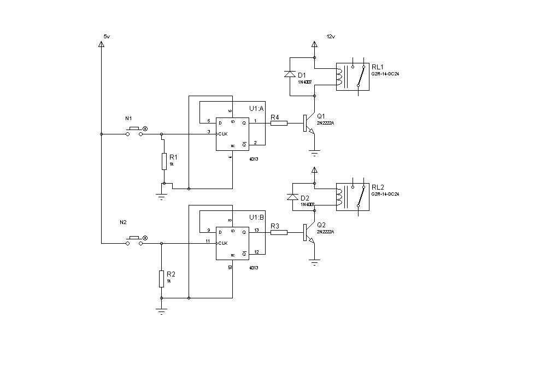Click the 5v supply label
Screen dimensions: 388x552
(107, 36)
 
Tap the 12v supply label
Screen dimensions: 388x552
(330, 36)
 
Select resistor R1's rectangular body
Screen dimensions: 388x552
(164, 162)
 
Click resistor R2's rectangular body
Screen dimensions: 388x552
(161, 279)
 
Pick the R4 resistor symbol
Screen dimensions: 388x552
(279, 123)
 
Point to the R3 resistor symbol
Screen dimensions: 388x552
(279, 232)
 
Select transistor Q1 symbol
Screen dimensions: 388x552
(309, 124)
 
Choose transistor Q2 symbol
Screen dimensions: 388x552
(309, 233)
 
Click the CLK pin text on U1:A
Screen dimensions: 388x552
(222, 134)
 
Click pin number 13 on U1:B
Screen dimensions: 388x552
(257, 231)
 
